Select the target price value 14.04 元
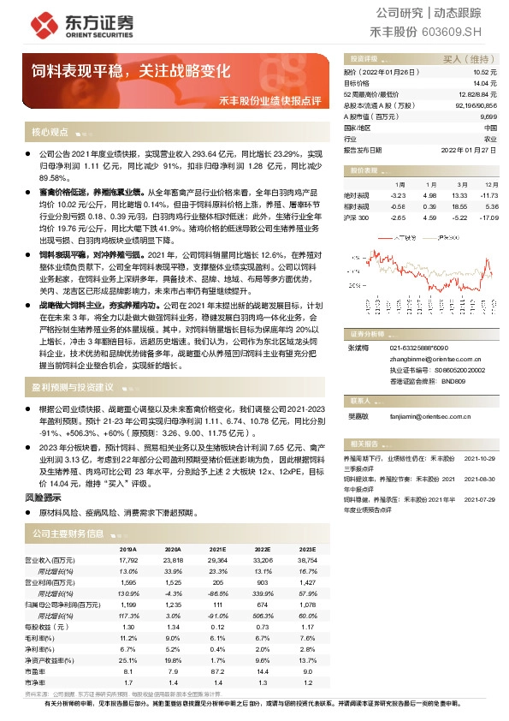click(486, 83)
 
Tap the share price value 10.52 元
click(486, 72)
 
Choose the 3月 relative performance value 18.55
click(459, 206)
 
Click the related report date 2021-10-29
click(479, 458)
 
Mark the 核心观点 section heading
click(50, 133)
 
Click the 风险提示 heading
click(43, 497)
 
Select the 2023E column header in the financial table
click(305, 551)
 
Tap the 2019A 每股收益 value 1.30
click(127, 626)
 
